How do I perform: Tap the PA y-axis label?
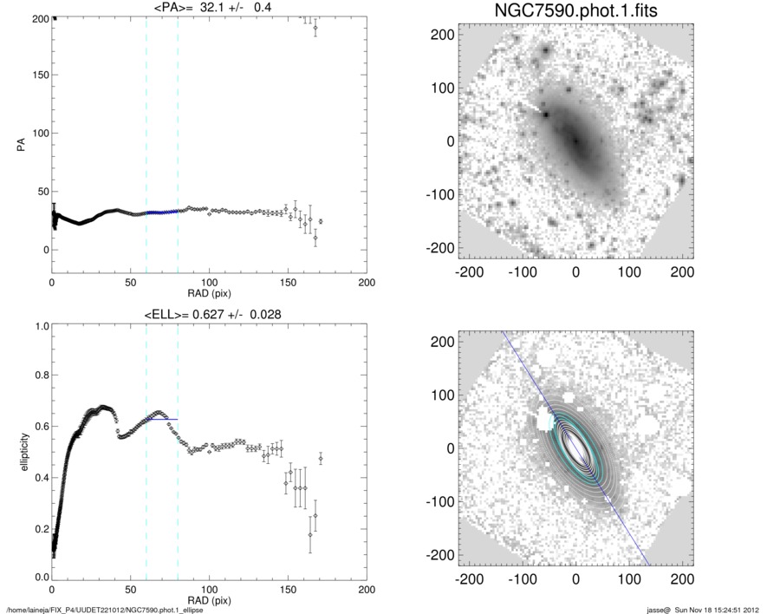pyautogui.click(x=20, y=143)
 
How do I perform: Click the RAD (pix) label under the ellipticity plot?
pyautogui.click(x=209, y=600)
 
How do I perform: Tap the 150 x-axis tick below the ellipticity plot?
pyautogui.click(x=288, y=590)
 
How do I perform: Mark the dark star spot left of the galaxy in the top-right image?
pyautogui.click(x=546, y=114)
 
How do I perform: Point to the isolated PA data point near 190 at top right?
pyautogui.click(x=315, y=28)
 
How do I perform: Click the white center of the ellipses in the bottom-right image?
pyautogui.click(x=575, y=447)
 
